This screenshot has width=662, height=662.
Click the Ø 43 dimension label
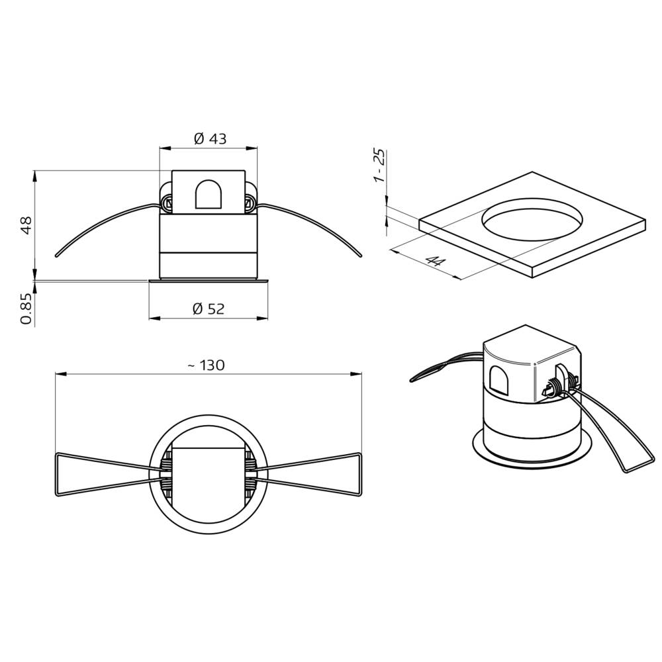(209, 138)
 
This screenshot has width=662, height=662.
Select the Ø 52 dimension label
(208, 308)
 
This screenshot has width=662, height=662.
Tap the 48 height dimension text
(26, 224)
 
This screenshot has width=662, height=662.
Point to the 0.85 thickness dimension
(26, 309)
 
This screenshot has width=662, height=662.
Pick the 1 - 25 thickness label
(379, 165)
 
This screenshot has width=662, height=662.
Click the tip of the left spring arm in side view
(57, 255)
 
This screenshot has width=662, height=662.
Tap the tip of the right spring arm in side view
(361, 256)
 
